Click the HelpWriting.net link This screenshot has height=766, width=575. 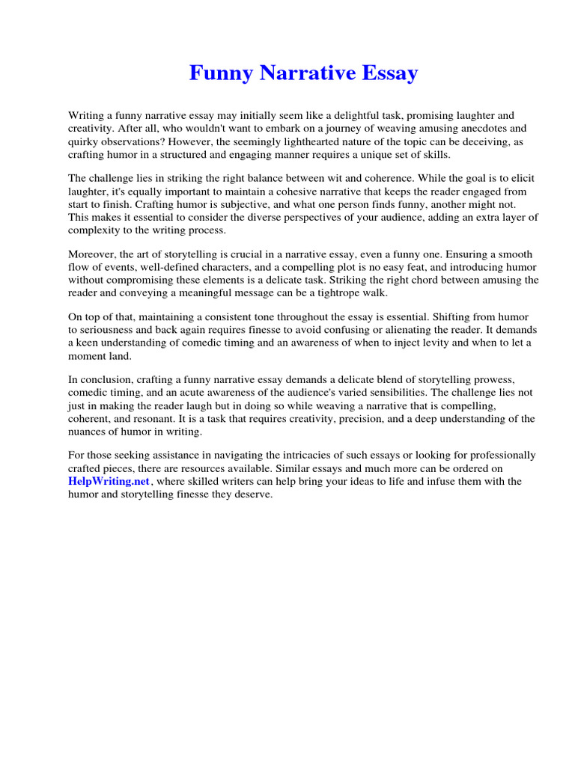pyautogui.click(x=109, y=482)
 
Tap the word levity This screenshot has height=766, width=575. pyautogui.click(x=415, y=343)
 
